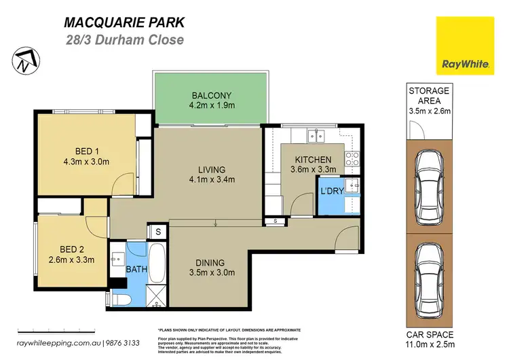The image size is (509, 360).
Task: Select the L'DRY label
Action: [332, 192]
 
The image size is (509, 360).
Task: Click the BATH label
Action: [136, 270]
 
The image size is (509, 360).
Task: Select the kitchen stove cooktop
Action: [352, 158]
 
